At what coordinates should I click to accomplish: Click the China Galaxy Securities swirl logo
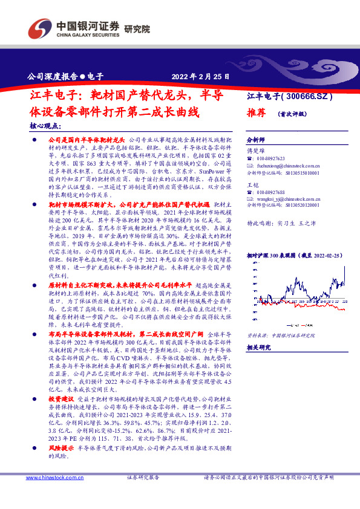[x=41, y=28]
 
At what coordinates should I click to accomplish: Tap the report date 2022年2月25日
[x=192, y=77]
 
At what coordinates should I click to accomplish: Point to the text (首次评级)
[x=292, y=113]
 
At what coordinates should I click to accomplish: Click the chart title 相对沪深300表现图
[x=279, y=256]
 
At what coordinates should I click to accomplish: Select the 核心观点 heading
[x=45, y=127]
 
